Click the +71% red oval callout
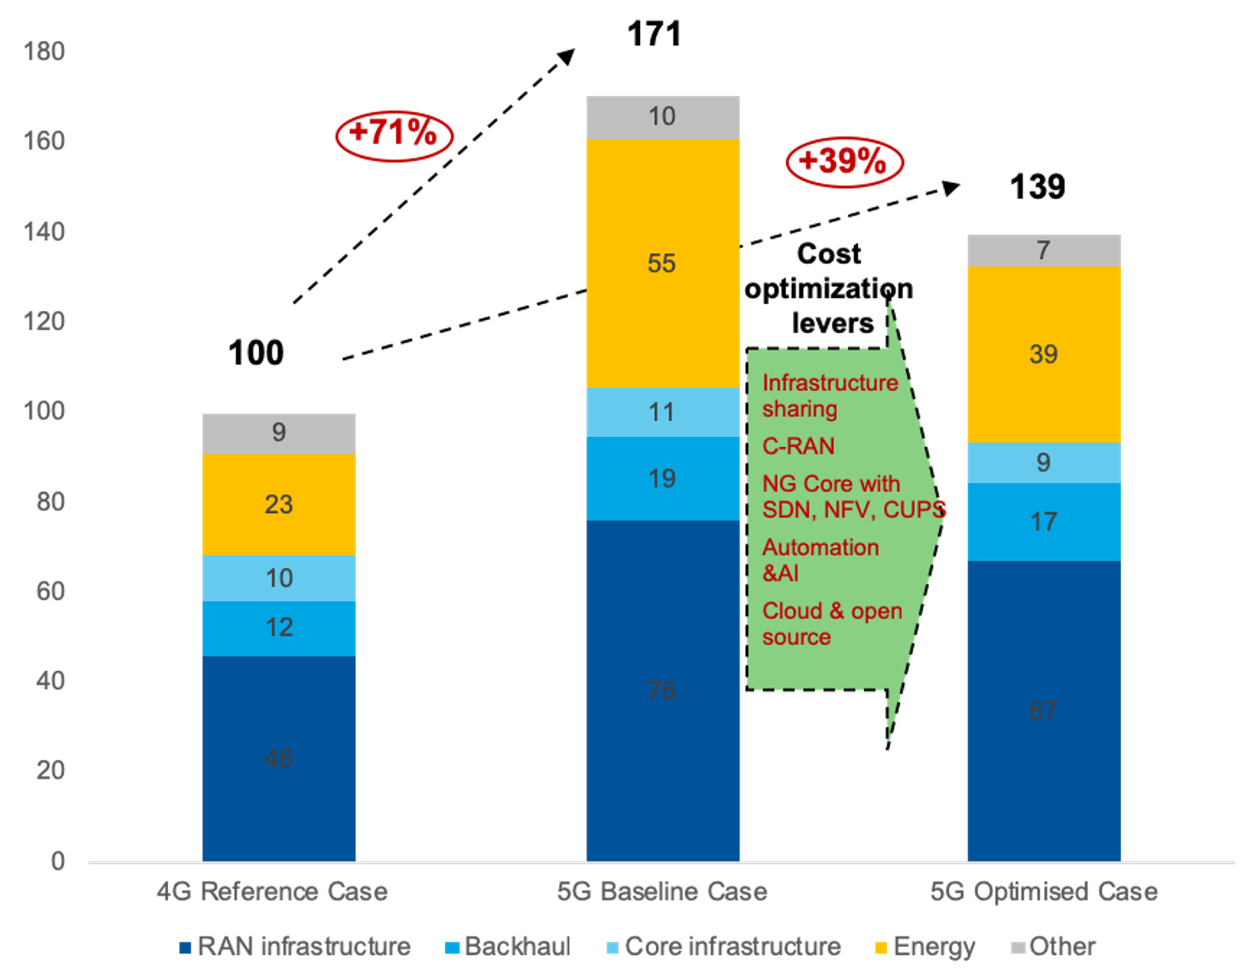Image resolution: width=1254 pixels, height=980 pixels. tap(393, 134)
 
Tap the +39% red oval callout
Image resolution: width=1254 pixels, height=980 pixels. tap(844, 161)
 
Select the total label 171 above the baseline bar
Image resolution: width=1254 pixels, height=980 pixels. tap(654, 35)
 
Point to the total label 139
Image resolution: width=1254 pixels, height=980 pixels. tap(1037, 187)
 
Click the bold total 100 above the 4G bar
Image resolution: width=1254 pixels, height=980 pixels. tap(256, 353)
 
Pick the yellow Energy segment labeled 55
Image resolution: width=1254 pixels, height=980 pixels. tap(662, 263)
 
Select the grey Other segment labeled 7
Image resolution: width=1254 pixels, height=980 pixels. tap(1043, 251)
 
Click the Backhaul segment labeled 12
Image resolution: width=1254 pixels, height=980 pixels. tap(278, 627)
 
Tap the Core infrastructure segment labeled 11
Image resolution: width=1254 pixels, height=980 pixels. tap(662, 412)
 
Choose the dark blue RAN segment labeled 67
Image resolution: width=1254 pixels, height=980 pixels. tap(1043, 710)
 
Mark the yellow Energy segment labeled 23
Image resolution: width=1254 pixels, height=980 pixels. tap(278, 504)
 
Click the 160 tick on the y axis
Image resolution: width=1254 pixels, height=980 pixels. tap(44, 141)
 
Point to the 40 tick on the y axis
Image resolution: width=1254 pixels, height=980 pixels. tap(50, 681)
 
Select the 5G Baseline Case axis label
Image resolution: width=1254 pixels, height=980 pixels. tap(662, 891)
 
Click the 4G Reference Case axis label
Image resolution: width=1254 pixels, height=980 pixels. tap(272, 891)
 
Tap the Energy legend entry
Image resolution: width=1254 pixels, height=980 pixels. tap(926, 947)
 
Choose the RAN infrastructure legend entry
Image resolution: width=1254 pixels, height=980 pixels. tap(295, 947)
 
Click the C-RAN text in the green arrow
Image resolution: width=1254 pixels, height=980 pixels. tap(798, 446)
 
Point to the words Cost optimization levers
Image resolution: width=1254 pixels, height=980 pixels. tap(829, 288)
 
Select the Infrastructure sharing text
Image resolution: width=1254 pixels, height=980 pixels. tap(829, 395)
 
